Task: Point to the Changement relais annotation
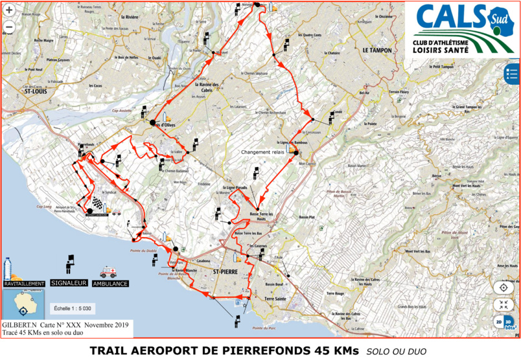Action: pyautogui.click(x=263, y=152)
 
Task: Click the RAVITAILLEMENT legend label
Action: pyautogui.click(x=24, y=284)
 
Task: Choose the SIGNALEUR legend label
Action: pyautogui.click(x=69, y=284)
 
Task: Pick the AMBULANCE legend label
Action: pyautogui.click(x=110, y=284)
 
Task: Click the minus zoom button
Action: pyautogui.click(x=9, y=27)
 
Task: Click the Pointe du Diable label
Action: pyautogui.click(x=145, y=251)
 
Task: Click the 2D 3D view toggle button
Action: pyautogui.click(x=504, y=321)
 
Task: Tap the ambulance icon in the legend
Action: pyautogui.click(x=108, y=273)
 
